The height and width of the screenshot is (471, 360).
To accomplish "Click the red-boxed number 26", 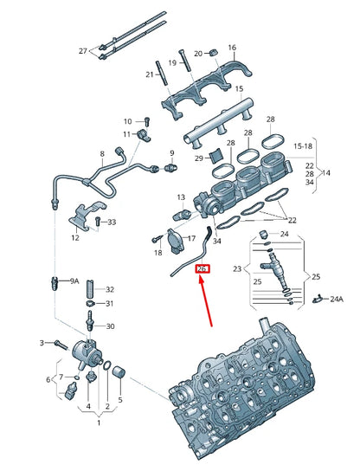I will [x=202, y=269].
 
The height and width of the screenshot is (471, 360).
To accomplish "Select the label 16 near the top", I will [x=232, y=47].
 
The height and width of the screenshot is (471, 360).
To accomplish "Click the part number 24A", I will [x=337, y=299].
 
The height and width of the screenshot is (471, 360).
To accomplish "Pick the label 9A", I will [x=74, y=281].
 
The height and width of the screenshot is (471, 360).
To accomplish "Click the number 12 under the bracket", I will [x=75, y=238].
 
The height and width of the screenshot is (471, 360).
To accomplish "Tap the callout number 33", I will [x=111, y=223].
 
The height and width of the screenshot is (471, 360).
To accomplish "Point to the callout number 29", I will [x=197, y=158].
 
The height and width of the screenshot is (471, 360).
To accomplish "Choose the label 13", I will [x=181, y=198].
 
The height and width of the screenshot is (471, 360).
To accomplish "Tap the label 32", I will [x=110, y=289].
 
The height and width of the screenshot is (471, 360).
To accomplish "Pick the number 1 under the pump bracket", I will [x=98, y=423].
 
